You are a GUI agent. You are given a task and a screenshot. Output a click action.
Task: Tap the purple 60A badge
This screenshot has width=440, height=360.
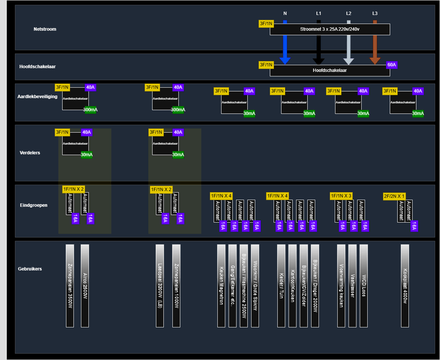coord(392,65)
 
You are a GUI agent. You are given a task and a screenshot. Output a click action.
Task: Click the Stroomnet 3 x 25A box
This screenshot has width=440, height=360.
coord(329,29)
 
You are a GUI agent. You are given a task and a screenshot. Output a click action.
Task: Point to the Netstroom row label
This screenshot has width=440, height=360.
coord(45,29)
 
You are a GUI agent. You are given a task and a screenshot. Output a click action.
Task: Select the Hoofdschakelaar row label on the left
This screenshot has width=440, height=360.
coord(37,67)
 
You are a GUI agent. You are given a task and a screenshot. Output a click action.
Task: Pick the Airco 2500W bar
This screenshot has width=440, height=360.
coord(85,286)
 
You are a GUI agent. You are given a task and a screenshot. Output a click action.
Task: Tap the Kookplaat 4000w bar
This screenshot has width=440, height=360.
coord(405,286)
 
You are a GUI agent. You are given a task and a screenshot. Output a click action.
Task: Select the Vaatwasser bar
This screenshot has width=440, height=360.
coord(353,286)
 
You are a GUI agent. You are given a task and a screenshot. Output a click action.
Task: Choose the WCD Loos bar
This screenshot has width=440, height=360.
coord(364,286)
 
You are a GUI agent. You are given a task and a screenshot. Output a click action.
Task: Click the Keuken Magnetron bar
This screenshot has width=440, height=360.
coord(221,286)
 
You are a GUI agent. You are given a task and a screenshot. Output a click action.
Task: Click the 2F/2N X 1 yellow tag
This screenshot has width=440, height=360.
coord(394,196)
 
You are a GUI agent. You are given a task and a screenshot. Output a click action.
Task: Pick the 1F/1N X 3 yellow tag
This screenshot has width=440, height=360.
coord(341,196)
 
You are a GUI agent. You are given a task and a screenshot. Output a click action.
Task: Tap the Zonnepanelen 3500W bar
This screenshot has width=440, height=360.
coord(69,286)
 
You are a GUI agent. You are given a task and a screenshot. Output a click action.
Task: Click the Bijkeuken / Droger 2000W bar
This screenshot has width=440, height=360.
coord(315,286)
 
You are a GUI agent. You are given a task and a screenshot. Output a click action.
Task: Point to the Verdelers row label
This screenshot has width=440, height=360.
coord(30,152)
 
